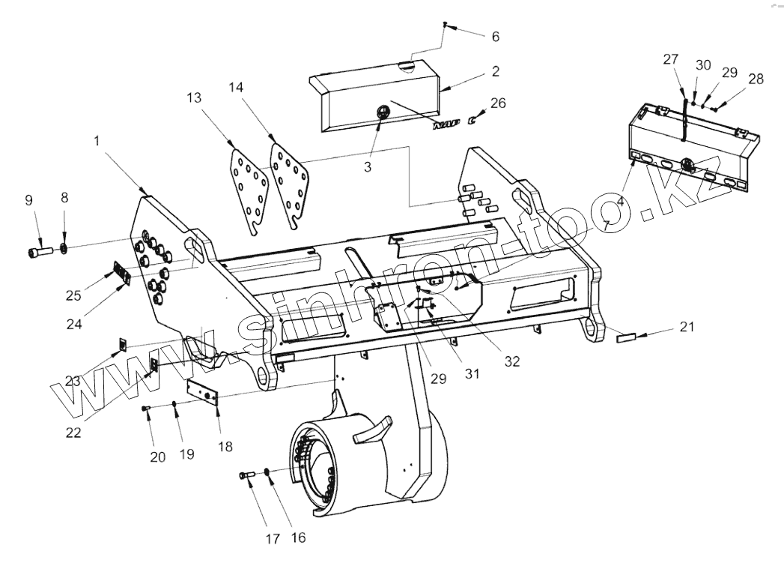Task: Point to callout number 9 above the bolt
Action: coord(28,200)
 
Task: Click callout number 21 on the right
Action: coord(687,326)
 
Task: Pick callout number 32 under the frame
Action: coord(512,360)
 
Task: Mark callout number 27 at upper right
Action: coord(671,60)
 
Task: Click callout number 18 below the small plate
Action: coord(225,446)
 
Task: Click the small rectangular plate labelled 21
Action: coord(625,338)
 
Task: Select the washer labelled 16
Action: coord(267,474)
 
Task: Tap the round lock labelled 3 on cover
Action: coord(381,112)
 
